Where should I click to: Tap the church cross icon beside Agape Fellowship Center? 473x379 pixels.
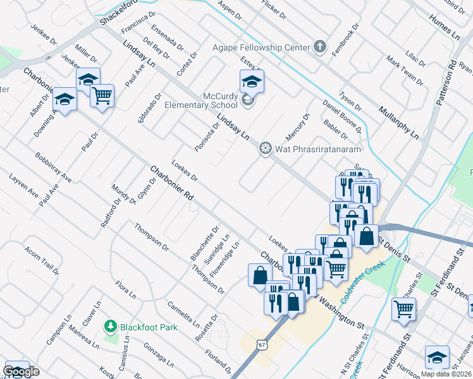(x=320, y=47)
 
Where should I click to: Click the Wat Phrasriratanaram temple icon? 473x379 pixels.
(x=266, y=149)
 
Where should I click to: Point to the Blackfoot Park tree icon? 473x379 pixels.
(x=111, y=326)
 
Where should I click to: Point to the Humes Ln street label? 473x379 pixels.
(x=447, y=27)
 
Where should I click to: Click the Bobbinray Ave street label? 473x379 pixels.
(x=52, y=167)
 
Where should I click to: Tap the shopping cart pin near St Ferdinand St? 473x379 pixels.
(x=403, y=310)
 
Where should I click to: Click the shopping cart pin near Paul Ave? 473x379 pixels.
(x=102, y=95)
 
